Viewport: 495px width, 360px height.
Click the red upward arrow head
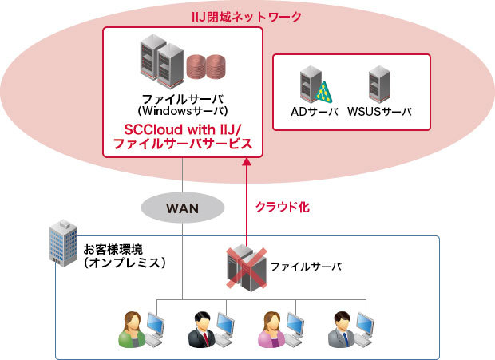click(247, 162)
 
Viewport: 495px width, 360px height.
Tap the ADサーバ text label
click(315, 113)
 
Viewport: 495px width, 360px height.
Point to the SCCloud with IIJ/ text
click(183, 129)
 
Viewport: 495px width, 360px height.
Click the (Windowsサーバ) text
click(183, 109)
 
